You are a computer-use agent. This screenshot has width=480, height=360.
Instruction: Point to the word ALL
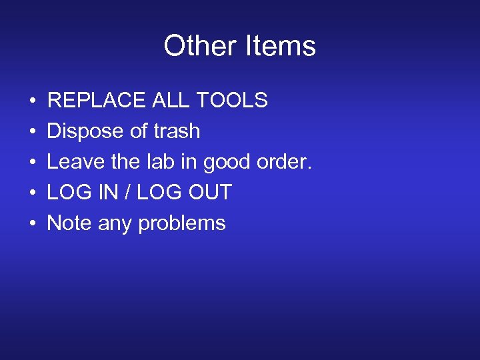tap(170, 101)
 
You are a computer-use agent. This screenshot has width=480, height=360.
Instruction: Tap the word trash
tap(177, 131)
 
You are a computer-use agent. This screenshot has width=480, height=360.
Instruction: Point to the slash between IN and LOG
tap(129, 193)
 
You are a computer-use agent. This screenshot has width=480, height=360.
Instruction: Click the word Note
tap(69, 223)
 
